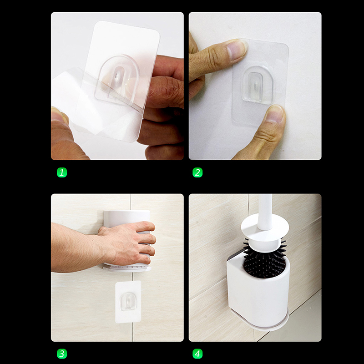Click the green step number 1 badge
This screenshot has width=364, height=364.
[62, 172]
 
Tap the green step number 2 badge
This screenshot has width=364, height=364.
[197, 172]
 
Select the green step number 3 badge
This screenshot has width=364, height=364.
[62, 354]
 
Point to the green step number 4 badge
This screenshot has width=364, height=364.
[197, 354]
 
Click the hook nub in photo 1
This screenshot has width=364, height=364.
[117, 76]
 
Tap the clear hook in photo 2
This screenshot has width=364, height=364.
[257, 85]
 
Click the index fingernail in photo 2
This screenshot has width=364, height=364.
[236, 50]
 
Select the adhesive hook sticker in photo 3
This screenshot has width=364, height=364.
[128, 302]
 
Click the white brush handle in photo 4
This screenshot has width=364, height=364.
[265, 212]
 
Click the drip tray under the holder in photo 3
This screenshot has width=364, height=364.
[126, 268]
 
